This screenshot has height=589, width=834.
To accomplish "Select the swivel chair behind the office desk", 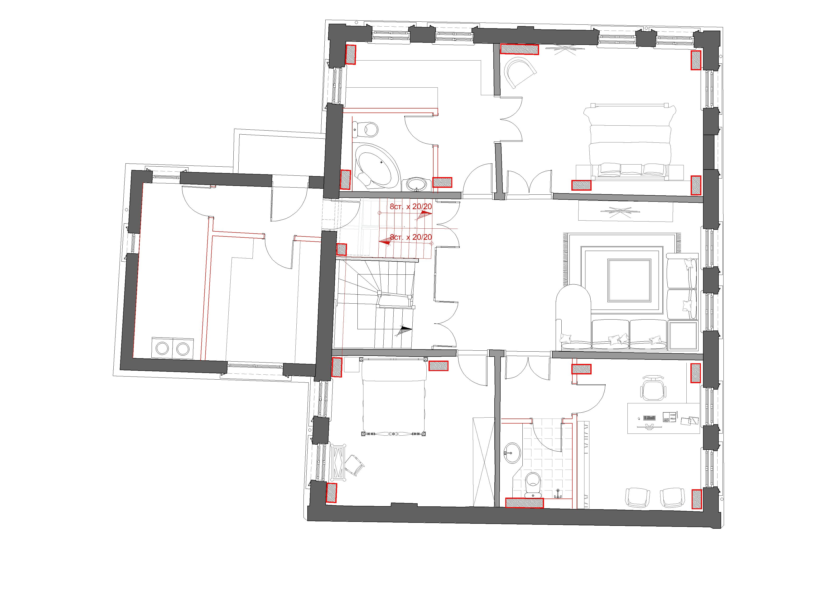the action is [x=653, y=388].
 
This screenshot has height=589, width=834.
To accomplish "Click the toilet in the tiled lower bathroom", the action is [x=534, y=484].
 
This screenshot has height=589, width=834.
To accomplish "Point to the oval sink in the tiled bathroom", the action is [x=512, y=453].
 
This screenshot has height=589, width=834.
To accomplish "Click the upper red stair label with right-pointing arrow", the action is [x=411, y=207].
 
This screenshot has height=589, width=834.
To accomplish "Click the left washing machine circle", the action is [x=162, y=349].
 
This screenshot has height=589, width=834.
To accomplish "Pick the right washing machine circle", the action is [x=183, y=349].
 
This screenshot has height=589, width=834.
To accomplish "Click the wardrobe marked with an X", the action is [x=483, y=462].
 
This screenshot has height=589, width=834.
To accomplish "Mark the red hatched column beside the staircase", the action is [x=342, y=249].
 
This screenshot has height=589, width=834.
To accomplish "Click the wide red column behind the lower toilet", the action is [x=525, y=503].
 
